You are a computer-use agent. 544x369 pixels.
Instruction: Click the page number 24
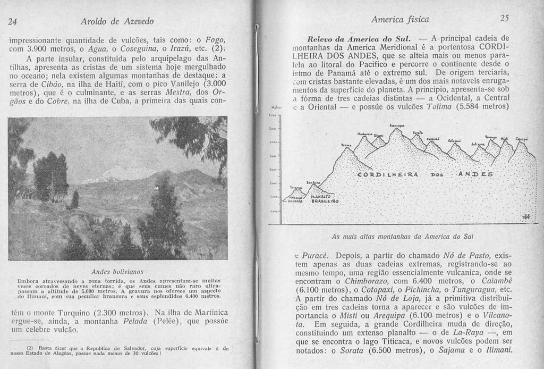(13, 22)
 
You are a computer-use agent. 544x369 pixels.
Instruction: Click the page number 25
(505, 19)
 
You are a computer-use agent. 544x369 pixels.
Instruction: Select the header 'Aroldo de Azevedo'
(117, 21)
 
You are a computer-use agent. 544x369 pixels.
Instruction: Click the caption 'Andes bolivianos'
(117, 271)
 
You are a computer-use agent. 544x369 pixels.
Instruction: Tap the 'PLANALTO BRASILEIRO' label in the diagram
(325, 199)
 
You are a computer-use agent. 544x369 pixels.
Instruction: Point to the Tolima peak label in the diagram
(346, 145)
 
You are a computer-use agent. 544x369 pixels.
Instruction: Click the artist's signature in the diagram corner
(526, 215)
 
